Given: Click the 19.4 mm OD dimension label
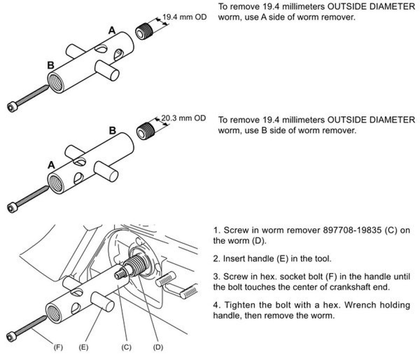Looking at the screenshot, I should (185, 17).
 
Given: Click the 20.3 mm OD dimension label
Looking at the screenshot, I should (183, 118).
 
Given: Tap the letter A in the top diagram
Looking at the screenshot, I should (112, 31).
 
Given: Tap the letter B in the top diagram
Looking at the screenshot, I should (50, 65).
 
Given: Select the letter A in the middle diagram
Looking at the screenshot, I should (51, 165).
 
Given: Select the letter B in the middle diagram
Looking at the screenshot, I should (112, 131).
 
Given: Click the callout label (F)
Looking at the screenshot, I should (58, 347).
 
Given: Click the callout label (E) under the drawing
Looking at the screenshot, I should (83, 347).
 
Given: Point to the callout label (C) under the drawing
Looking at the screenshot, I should (126, 347).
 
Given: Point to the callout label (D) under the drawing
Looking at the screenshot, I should (158, 347).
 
